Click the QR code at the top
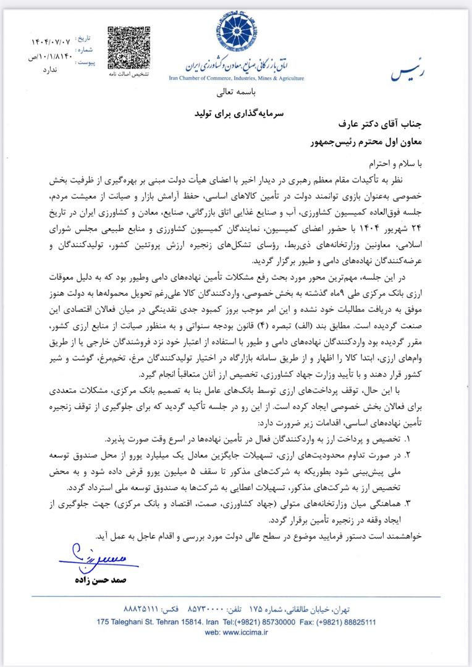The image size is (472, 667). (x=126, y=48)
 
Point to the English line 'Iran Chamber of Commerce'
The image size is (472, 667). (x=236, y=78)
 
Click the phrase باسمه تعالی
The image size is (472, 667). (x=236, y=94)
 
